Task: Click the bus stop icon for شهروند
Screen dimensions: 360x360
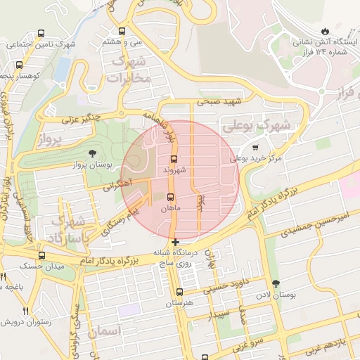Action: point(174,158)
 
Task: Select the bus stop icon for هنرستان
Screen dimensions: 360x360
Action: point(179,291)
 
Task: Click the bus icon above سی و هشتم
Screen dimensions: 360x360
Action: point(122,31)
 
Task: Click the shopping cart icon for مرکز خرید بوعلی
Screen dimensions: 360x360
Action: point(254,148)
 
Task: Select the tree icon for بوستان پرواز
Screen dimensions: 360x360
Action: point(93,153)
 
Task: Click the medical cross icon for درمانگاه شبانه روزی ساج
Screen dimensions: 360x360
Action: point(175,242)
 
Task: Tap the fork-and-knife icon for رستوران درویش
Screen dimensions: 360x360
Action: point(25,310)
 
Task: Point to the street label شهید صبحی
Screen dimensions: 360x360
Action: point(218,103)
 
